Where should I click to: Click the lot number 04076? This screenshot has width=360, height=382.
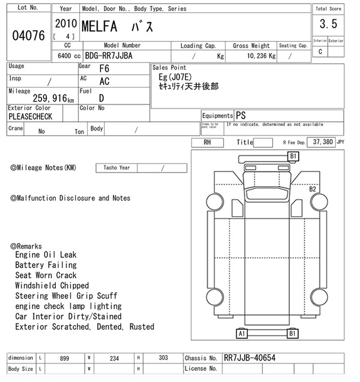pyautogui.click(x=28, y=36)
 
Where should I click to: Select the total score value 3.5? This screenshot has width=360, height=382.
pyautogui.click(x=328, y=24)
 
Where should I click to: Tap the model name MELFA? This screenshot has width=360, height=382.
pyautogui.click(x=99, y=27)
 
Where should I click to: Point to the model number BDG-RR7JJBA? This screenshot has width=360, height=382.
pyautogui.click(x=108, y=56)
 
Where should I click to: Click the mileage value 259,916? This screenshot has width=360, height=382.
pyautogui.click(x=50, y=98)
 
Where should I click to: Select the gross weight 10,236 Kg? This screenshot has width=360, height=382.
pyautogui.click(x=261, y=56)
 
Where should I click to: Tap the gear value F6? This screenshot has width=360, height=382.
pyautogui.click(x=104, y=68)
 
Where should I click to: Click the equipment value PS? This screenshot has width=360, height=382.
pyautogui.click(x=241, y=115)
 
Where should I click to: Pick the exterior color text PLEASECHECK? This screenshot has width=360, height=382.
pyautogui.click(x=30, y=116)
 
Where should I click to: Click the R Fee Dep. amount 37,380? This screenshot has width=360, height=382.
pyautogui.click(x=323, y=142)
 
